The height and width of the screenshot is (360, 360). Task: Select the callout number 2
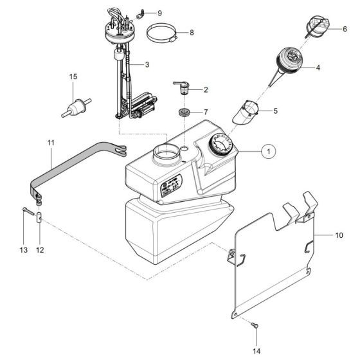click(x=205, y=89)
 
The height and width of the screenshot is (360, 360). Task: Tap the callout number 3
click(x=147, y=65)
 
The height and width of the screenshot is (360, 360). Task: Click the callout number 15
click(x=73, y=77)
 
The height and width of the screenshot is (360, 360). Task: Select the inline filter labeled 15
click(x=75, y=106)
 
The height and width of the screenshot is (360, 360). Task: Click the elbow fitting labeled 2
click(x=183, y=87)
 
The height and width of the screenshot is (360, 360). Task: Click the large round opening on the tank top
click(x=165, y=154)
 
